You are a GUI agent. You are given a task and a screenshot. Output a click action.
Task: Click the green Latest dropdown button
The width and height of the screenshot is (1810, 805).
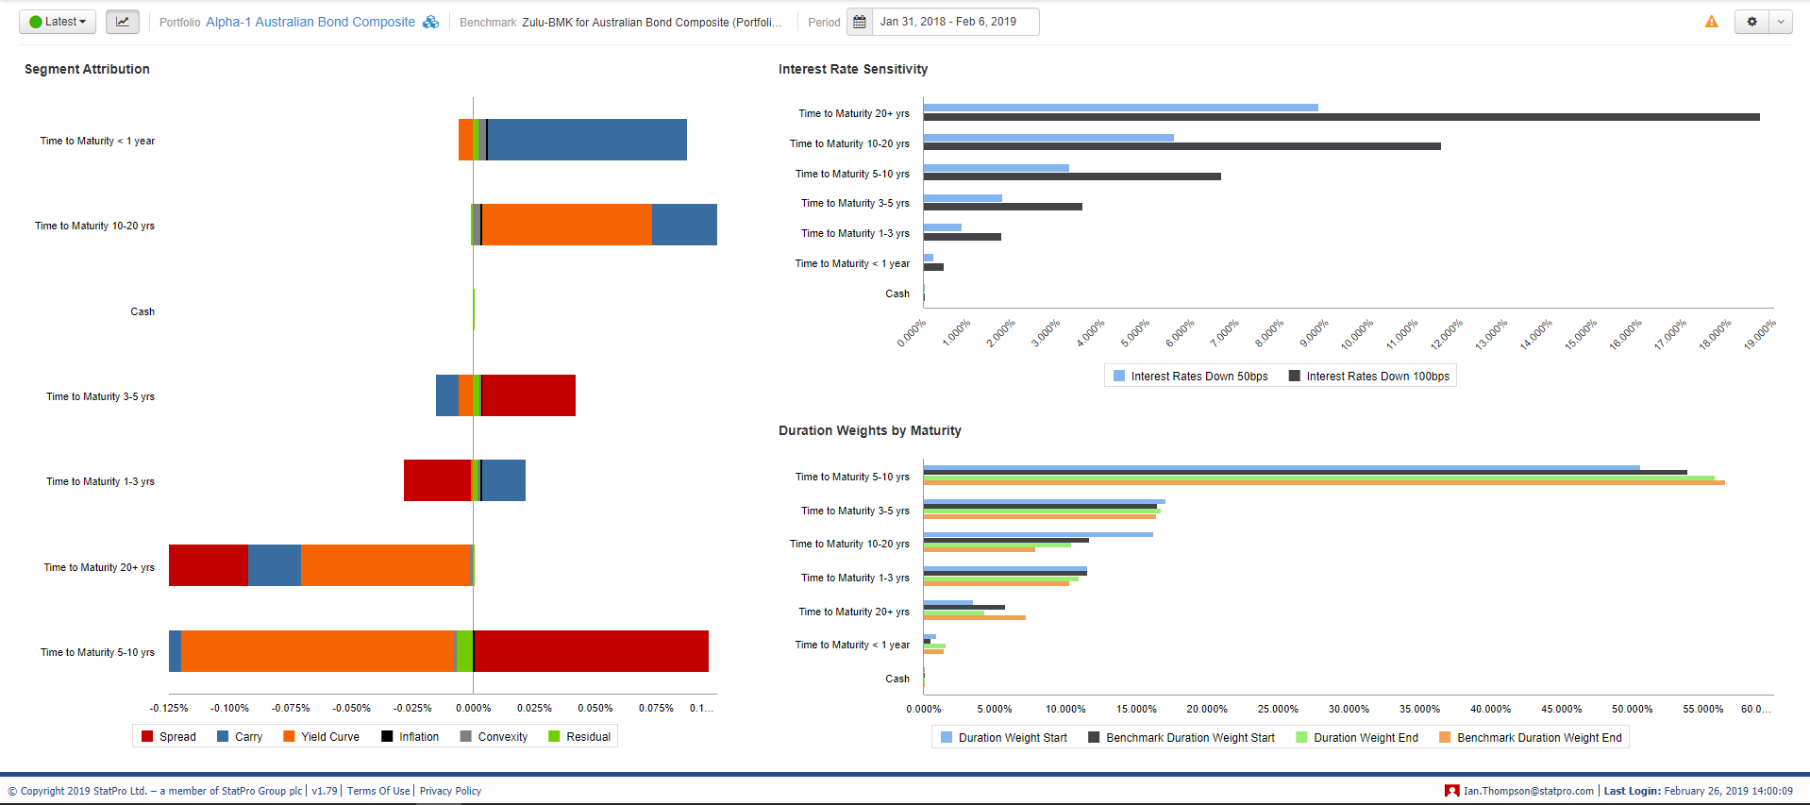(x=58, y=22)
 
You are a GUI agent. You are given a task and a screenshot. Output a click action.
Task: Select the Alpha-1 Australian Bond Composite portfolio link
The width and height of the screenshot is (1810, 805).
(x=310, y=22)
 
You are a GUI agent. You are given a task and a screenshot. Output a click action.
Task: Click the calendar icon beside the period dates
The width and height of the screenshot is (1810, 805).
(x=860, y=22)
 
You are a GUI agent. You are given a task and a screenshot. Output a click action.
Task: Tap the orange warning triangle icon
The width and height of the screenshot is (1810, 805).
(x=1711, y=22)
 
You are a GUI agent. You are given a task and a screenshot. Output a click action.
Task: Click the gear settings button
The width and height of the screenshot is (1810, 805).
(x=1751, y=22)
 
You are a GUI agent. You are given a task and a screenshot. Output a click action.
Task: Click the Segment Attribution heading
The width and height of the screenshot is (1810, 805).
(x=87, y=69)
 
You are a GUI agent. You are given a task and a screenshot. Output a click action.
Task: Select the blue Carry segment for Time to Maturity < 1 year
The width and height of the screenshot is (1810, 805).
(x=587, y=140)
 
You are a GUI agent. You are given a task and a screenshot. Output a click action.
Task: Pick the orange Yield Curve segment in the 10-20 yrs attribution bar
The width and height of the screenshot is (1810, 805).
(x=566, y=225)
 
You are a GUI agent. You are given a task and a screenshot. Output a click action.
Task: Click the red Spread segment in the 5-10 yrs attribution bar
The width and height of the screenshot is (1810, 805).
(x=591, y=651)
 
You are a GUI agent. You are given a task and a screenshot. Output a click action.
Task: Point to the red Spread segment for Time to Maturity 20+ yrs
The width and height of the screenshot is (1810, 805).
(x=209, y=565)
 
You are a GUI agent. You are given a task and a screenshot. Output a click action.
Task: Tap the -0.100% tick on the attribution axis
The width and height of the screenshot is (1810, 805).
(x=230, y=708)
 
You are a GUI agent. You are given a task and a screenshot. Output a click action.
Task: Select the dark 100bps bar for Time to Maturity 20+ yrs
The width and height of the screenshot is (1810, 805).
(x=1341, y=117)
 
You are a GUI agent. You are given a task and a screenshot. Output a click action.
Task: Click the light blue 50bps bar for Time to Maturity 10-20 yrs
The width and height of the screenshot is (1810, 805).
(x=1048, y=138)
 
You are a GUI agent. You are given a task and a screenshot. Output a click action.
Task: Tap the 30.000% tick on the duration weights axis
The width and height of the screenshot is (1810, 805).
(x=1349, y=709)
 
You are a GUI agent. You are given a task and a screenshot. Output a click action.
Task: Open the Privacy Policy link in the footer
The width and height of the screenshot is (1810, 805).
(x=450, y=791)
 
